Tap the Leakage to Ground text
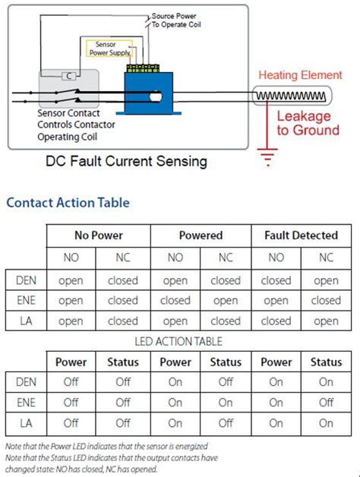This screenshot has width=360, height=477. click(x=304, y=123)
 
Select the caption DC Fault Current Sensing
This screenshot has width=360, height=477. click(x=126, y=161)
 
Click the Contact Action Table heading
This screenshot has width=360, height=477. click(x=68, y=203)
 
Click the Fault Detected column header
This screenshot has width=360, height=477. click(x=301, y=235)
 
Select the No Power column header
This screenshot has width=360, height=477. click(x=98, y=235)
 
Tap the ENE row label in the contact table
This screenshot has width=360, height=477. click(x=26, y=301)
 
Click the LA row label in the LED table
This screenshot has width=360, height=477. click(x=26, y=423)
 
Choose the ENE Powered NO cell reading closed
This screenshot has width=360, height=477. click(x=175, y=301)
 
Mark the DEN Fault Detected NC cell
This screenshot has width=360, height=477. click(x=327, y=280)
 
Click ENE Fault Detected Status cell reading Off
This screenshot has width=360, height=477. click(x=327, y=403)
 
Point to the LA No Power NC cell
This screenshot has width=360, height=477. click(x=123, y=321)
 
